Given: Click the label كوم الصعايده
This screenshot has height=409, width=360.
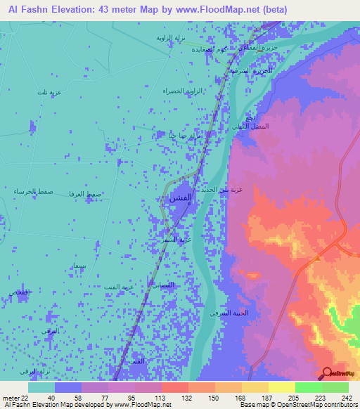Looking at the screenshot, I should [x=208, y=51].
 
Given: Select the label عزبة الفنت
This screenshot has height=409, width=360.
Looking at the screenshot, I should [x=120, y=287].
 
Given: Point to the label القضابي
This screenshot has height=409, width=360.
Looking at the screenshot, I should [x=162, y=285].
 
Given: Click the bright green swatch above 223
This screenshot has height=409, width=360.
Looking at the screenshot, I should [x=308, y=387].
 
